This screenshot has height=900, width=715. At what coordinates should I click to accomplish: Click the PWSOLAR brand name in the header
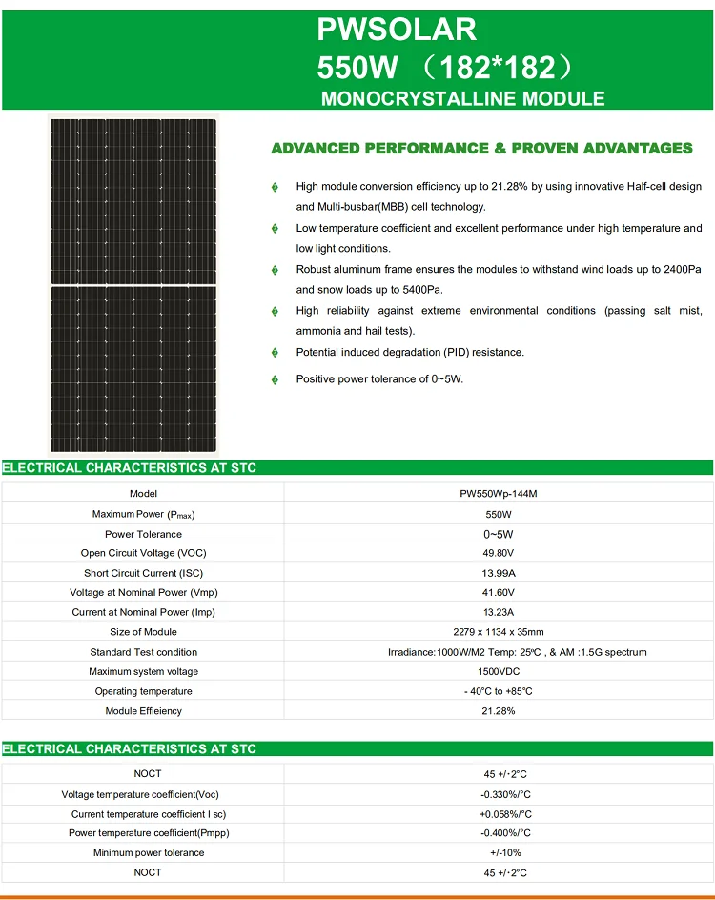pos(397,29)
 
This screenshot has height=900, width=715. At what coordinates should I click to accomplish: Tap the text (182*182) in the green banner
pos(500,68)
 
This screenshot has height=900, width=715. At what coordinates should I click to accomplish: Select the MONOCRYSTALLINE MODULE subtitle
pos(462,98)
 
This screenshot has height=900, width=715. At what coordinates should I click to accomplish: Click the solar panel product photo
pos(133,284)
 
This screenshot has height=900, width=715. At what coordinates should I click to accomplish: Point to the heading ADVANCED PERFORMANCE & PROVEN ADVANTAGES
pos(481,148)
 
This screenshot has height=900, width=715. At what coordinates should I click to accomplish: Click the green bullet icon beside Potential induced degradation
pos(276,353)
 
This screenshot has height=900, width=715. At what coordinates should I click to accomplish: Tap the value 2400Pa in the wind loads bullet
pos(680,270)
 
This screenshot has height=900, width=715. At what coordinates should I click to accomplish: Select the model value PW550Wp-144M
pos(499,494)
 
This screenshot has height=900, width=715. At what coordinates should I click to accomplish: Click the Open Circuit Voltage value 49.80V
pos(499,553)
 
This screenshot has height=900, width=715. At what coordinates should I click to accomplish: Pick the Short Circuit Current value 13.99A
pos(499,573)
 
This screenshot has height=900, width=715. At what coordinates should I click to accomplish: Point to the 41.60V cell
pos(499,592)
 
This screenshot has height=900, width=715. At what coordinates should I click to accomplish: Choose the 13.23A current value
pos(499,612)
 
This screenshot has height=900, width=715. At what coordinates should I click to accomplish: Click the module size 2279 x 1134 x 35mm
pos(499,632)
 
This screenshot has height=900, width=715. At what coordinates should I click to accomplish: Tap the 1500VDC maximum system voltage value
pos(499,672)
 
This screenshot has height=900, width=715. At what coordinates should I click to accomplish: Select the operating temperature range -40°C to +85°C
pos(499,691)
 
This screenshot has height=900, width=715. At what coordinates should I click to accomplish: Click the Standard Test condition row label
pos(143,652)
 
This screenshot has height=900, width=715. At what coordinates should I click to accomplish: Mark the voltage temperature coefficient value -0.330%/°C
pos(504,794)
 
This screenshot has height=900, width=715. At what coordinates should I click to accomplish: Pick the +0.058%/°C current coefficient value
pos(504,814)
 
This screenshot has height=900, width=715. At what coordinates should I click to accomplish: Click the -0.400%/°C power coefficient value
pos(504,833)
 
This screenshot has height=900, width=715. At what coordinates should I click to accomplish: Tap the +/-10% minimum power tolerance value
pos(504,852)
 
